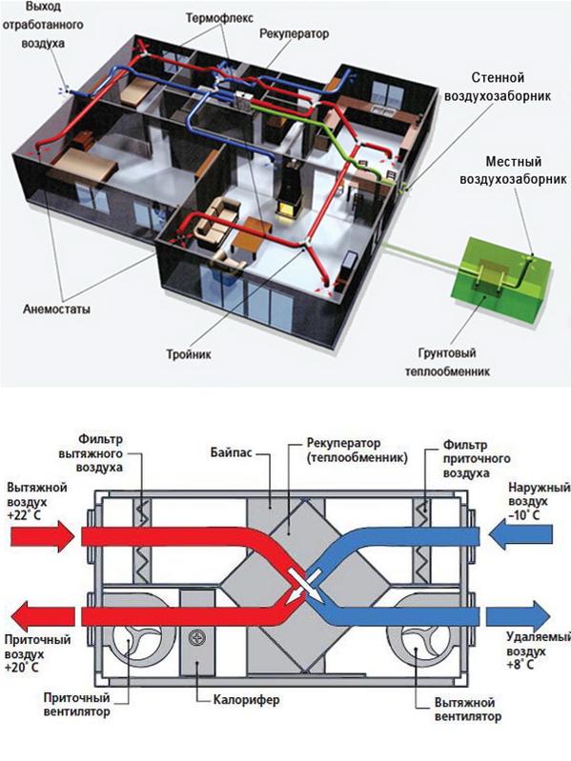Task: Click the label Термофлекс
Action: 219,19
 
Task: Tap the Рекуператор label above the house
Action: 295,34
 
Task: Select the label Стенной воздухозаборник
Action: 499,87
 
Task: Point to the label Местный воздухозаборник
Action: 513,170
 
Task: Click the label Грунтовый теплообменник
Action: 447,362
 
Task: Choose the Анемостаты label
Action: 56,310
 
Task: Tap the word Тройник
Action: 189,354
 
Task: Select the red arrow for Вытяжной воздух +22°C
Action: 42,536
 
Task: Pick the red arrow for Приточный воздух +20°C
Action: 42,616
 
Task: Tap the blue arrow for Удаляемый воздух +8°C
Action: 518,616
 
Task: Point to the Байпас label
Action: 231,453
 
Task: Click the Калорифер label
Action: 247,700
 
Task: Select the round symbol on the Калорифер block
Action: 197,636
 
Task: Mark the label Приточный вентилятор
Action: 76,705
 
